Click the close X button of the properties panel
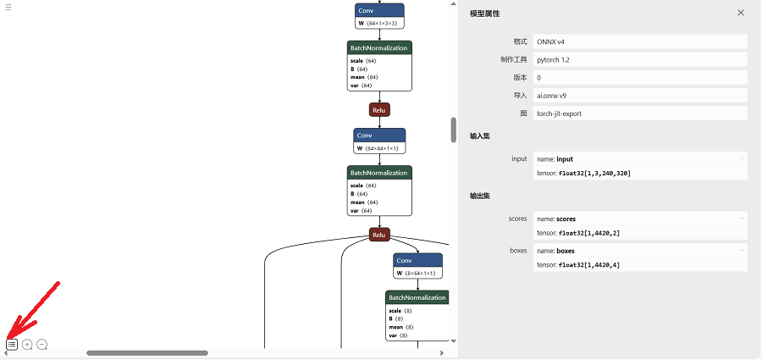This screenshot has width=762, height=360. pyautogui.click(x=741, y=13)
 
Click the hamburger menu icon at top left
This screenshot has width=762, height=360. pyautogui.click(x=8, y=6)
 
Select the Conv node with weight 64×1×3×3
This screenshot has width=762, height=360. pyautogui.click(x=379, y=10)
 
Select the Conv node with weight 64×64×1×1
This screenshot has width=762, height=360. pyautogui.click(x=379, y=136)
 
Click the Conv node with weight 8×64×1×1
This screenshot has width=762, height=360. pyautogui.click(x=417, y=260)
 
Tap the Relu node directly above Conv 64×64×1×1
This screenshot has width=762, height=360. pyautogui.click(x=379, y=110)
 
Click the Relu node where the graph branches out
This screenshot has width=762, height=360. pyautogui.click(x=379, y=235)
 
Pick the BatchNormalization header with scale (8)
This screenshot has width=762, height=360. pyautogui.click(x=417, y=297)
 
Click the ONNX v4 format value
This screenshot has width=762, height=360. pyautogui.click(x=551, y=42)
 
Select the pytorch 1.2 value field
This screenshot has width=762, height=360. pyautogui.click(x=554, y=59)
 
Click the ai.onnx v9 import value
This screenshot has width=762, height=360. pyautogui.click(x=553, y=95)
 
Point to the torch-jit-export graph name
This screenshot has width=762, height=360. pyautogui.click(x=559, y=113)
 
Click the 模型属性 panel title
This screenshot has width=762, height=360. pyautogui.click(x=484, y=14)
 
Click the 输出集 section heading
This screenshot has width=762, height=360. pyautogui.click(x=479, y=196)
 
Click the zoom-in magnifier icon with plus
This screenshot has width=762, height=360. pyautogui.click(x=27, y=345)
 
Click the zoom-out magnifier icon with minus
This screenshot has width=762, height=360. pyautogui.click(x=42, y=345)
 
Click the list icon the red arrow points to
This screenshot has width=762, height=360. pyautogui.click(x=12, y=345)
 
